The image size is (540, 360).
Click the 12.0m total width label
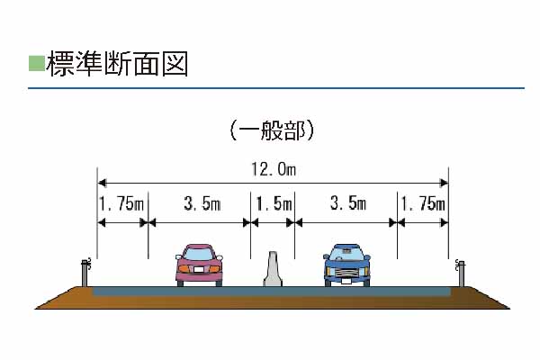[274, 169]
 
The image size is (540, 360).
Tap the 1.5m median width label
[274, 203]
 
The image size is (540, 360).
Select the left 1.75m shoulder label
[121, 203]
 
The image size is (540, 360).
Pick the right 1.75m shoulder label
[423, 203]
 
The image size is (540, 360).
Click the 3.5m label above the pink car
[202, 203]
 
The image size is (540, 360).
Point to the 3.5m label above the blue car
[347, 203]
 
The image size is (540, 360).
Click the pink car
[199, 265]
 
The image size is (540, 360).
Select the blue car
[346, 265]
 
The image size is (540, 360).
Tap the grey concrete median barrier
[273, 269]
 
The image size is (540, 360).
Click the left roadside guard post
[85, 273]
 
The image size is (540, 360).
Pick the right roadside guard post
[461, 274]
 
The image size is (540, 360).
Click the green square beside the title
[37, 63]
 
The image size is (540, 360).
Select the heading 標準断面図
[117, 64]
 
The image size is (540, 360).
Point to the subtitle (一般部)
[272, 130]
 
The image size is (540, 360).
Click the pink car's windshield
[199, 254]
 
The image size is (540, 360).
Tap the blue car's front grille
[346, 273]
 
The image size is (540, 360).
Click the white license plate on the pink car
[199, 269]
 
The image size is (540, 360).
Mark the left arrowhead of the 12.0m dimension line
[102, 183]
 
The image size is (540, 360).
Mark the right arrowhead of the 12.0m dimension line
[444, 183]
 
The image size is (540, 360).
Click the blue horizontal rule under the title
[276, 88]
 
